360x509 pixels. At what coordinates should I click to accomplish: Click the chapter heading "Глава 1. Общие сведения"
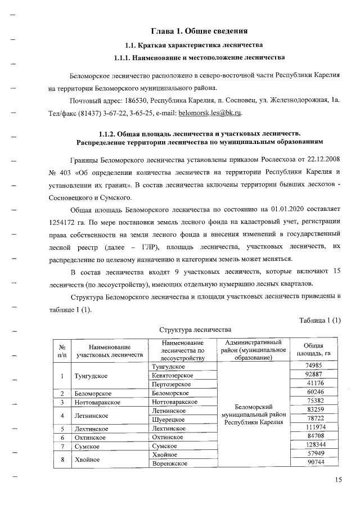point(192,30)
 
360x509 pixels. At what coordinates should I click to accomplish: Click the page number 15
point(337,479)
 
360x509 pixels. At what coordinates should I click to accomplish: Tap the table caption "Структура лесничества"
point(195,330)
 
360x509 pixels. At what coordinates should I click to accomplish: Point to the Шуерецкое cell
point(169,420)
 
